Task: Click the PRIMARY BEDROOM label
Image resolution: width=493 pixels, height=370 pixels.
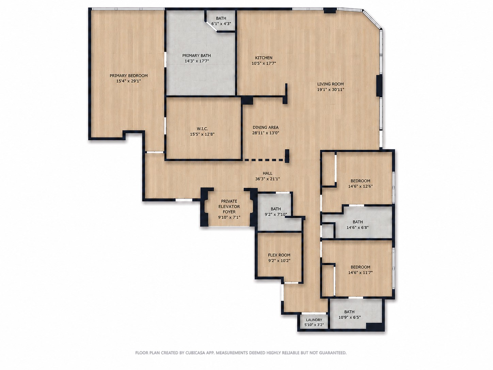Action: click(x=129, y=76)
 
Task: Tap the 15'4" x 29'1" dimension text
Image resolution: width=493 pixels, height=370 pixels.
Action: click(x=129, y=81)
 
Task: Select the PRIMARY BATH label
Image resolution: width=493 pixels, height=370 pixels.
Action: click(x=196, y=56)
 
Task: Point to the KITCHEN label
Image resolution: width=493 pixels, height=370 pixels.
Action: click(x=264, y=58)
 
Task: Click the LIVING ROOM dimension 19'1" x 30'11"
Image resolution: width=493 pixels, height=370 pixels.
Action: click(x=330, y=90)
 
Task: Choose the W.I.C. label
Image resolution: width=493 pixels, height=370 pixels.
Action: click(x=202, y=129)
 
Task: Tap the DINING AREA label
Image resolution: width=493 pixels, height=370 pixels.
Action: click(x=266, y=127)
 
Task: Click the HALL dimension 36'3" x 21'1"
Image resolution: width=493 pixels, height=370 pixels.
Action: click(x=267, y=179)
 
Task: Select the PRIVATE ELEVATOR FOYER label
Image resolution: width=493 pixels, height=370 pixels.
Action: click(x=229, y=206)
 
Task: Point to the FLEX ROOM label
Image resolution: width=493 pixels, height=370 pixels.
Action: click(x=279, y=255)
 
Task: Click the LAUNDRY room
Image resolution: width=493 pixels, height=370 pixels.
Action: click(x=314, y=322)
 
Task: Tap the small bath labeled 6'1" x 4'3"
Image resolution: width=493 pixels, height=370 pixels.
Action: click(x=221, y=20)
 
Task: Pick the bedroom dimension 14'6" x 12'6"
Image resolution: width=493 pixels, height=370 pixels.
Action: click(x=361, y=186)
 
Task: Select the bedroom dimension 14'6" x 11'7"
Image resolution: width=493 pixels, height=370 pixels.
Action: click(x=361, y=273)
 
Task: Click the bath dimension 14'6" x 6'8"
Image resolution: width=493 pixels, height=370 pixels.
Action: click(x=357, y=227)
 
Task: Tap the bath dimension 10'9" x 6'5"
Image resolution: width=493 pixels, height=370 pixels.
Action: click(x=349, y=318)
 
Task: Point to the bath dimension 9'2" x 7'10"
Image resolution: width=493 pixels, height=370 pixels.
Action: click(x=276, y=215)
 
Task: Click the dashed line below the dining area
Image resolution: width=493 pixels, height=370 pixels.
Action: click(x=264, y=160)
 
